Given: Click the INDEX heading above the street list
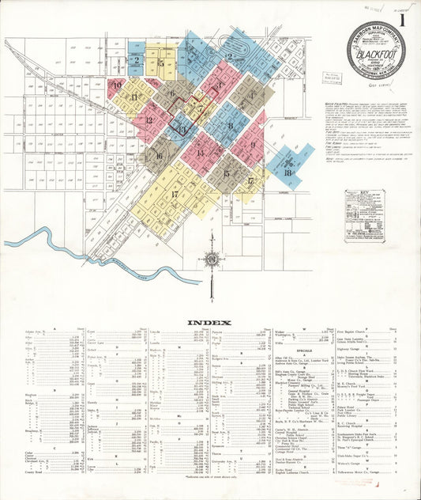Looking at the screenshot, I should (209, 323).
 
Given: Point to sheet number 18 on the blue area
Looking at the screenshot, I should (288, 172).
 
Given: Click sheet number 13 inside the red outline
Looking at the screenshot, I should (182, 129).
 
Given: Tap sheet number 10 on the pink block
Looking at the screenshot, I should (117, 85).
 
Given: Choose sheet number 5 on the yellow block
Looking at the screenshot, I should (161, 62).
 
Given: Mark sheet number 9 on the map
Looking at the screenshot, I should (253, 145).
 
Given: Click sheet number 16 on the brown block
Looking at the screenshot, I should (159, 156).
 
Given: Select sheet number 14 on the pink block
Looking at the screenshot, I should (201, 153).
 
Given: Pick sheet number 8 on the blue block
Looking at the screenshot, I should (230, 125).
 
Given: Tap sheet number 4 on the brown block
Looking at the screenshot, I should (251, 95).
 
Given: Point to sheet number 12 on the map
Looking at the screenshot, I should (148, 120).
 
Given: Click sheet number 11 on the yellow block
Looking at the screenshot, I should (133, 97).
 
